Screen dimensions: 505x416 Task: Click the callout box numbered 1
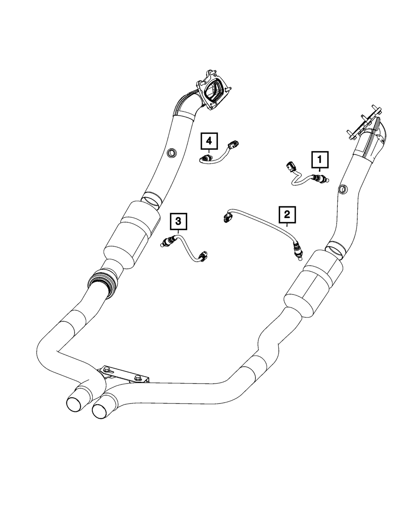pyautogui.click(x=319, y=159)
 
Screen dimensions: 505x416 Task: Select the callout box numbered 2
pyautogui.click(x=287, y=215)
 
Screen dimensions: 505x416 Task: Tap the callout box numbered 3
pyautogui.click(x=178, y=221)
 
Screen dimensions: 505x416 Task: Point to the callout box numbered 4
pyautogui.click(x=209, y=141)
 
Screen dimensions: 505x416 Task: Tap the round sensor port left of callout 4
pyautogui.click(x=171, y=153)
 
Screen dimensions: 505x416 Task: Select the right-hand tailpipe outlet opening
pyautogui.click(x=101, y=410)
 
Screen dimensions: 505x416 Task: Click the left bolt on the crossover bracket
pyautogui.click(x=104, y=369)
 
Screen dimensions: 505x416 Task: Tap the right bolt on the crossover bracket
pyautogui.click(x=138, y=378)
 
